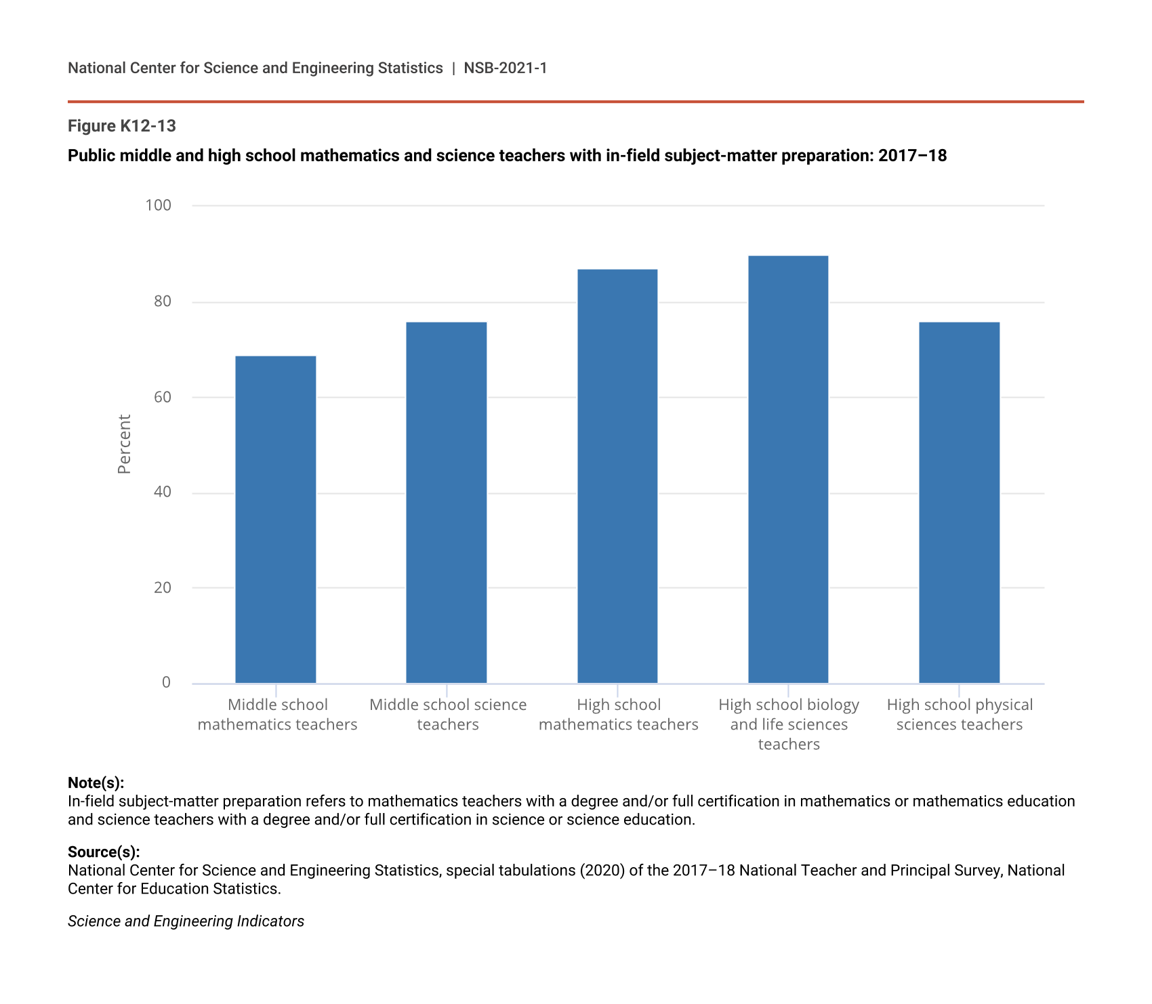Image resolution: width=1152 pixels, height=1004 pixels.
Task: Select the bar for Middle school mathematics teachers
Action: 275,519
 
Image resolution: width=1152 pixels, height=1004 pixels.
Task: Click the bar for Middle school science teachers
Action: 446,502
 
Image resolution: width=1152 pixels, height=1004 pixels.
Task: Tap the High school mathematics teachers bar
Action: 617,476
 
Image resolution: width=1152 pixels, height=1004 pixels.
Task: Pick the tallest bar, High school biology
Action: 788,469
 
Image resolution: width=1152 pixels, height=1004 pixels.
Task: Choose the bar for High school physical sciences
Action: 959,502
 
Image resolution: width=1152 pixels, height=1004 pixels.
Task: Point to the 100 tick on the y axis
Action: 159,205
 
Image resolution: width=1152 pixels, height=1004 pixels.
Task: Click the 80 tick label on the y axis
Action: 163,301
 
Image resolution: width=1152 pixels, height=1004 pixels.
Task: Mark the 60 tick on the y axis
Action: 163,397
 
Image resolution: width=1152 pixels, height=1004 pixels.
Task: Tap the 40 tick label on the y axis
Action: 163,493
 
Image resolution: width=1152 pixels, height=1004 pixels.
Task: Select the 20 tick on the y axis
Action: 163,588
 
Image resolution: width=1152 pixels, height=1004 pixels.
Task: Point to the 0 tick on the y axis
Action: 167,683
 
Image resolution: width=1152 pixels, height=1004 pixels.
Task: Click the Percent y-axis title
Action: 124,444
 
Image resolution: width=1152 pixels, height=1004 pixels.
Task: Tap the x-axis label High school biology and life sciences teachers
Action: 789,724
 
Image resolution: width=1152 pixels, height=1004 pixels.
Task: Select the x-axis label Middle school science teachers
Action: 448,715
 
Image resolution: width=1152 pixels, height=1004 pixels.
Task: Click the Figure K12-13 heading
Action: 122,126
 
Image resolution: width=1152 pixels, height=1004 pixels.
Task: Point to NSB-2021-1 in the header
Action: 506,68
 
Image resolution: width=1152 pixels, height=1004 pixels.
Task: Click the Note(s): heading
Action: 96,783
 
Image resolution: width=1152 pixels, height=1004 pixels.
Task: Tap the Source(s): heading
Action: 104,852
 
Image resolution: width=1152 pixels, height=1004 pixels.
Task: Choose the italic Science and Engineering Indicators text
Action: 186,921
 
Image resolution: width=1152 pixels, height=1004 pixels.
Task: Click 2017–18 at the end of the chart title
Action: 912,156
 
